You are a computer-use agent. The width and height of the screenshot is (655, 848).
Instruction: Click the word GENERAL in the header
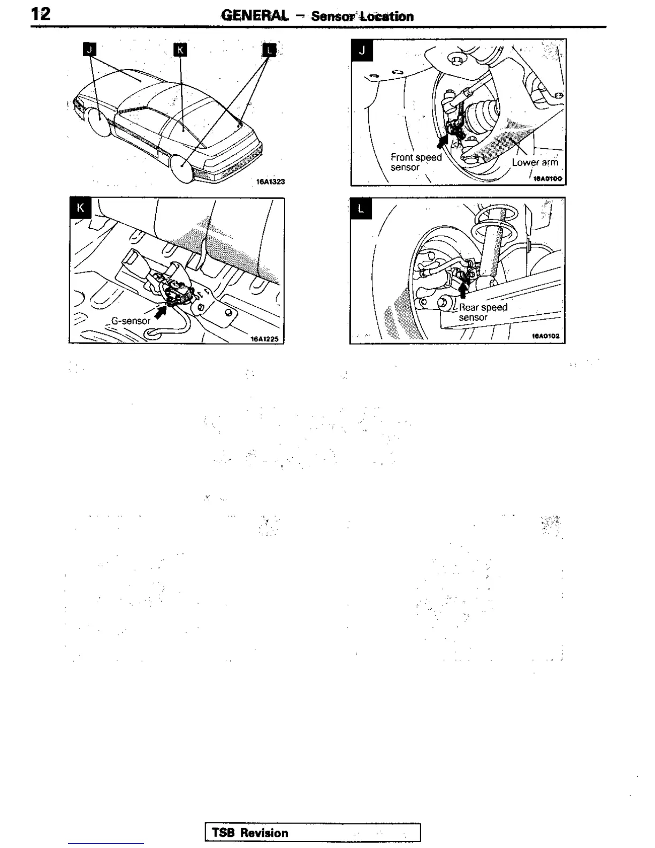(255, 16)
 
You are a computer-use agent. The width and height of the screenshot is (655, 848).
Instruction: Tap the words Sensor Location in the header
(362, 16)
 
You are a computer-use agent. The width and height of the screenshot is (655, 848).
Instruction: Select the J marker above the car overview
(90, 50)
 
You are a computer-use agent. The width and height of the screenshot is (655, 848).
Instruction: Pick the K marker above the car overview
(181, 50)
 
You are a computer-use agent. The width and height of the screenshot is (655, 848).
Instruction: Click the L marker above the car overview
(269, 50)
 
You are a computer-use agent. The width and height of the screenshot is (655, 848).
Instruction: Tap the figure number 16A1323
(270, 181)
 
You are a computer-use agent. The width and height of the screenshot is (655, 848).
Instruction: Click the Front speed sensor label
(416, 162)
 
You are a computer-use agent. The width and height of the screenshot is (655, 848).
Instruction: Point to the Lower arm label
(535, 162)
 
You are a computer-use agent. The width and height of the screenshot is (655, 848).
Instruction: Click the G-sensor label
(131, 321)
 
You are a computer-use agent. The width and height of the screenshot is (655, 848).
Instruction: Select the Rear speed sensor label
(483, 312)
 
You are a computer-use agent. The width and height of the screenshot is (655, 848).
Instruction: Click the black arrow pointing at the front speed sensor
(442, 141)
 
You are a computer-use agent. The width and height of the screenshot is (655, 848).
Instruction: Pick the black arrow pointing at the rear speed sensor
(463, 289)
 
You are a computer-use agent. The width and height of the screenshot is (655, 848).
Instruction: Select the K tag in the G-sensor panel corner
(81, 208)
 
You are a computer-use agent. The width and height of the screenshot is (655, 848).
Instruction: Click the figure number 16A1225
(264, 338)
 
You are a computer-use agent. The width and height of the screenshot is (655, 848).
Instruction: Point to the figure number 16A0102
(545, 336)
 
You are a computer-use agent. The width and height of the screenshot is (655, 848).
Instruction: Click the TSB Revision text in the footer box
(250, 833)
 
